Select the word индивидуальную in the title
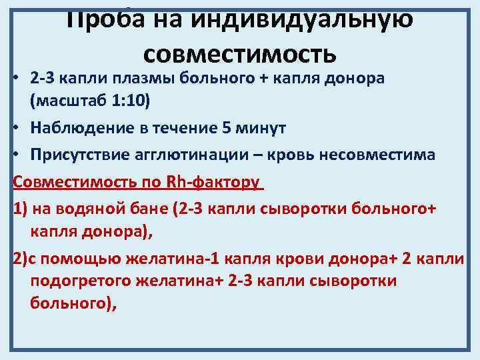(303, 16)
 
